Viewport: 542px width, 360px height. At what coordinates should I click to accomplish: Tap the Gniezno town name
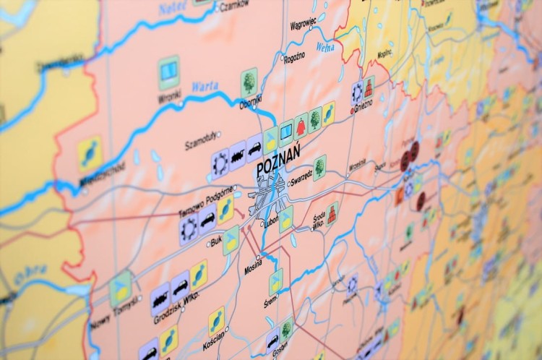coord(363,103)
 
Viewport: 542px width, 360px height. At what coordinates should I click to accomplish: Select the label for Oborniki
coord(251,103)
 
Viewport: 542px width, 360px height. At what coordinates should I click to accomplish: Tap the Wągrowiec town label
coord(302,23)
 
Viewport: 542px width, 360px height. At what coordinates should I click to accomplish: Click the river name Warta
coord(205,87)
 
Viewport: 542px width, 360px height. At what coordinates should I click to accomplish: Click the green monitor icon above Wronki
coord(169,69)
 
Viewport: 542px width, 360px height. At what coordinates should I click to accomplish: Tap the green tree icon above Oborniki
coord(249,82)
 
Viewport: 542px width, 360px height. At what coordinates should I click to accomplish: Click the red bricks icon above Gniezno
coord(369,87)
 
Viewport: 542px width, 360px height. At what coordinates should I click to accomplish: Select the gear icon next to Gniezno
coord(357,91)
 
